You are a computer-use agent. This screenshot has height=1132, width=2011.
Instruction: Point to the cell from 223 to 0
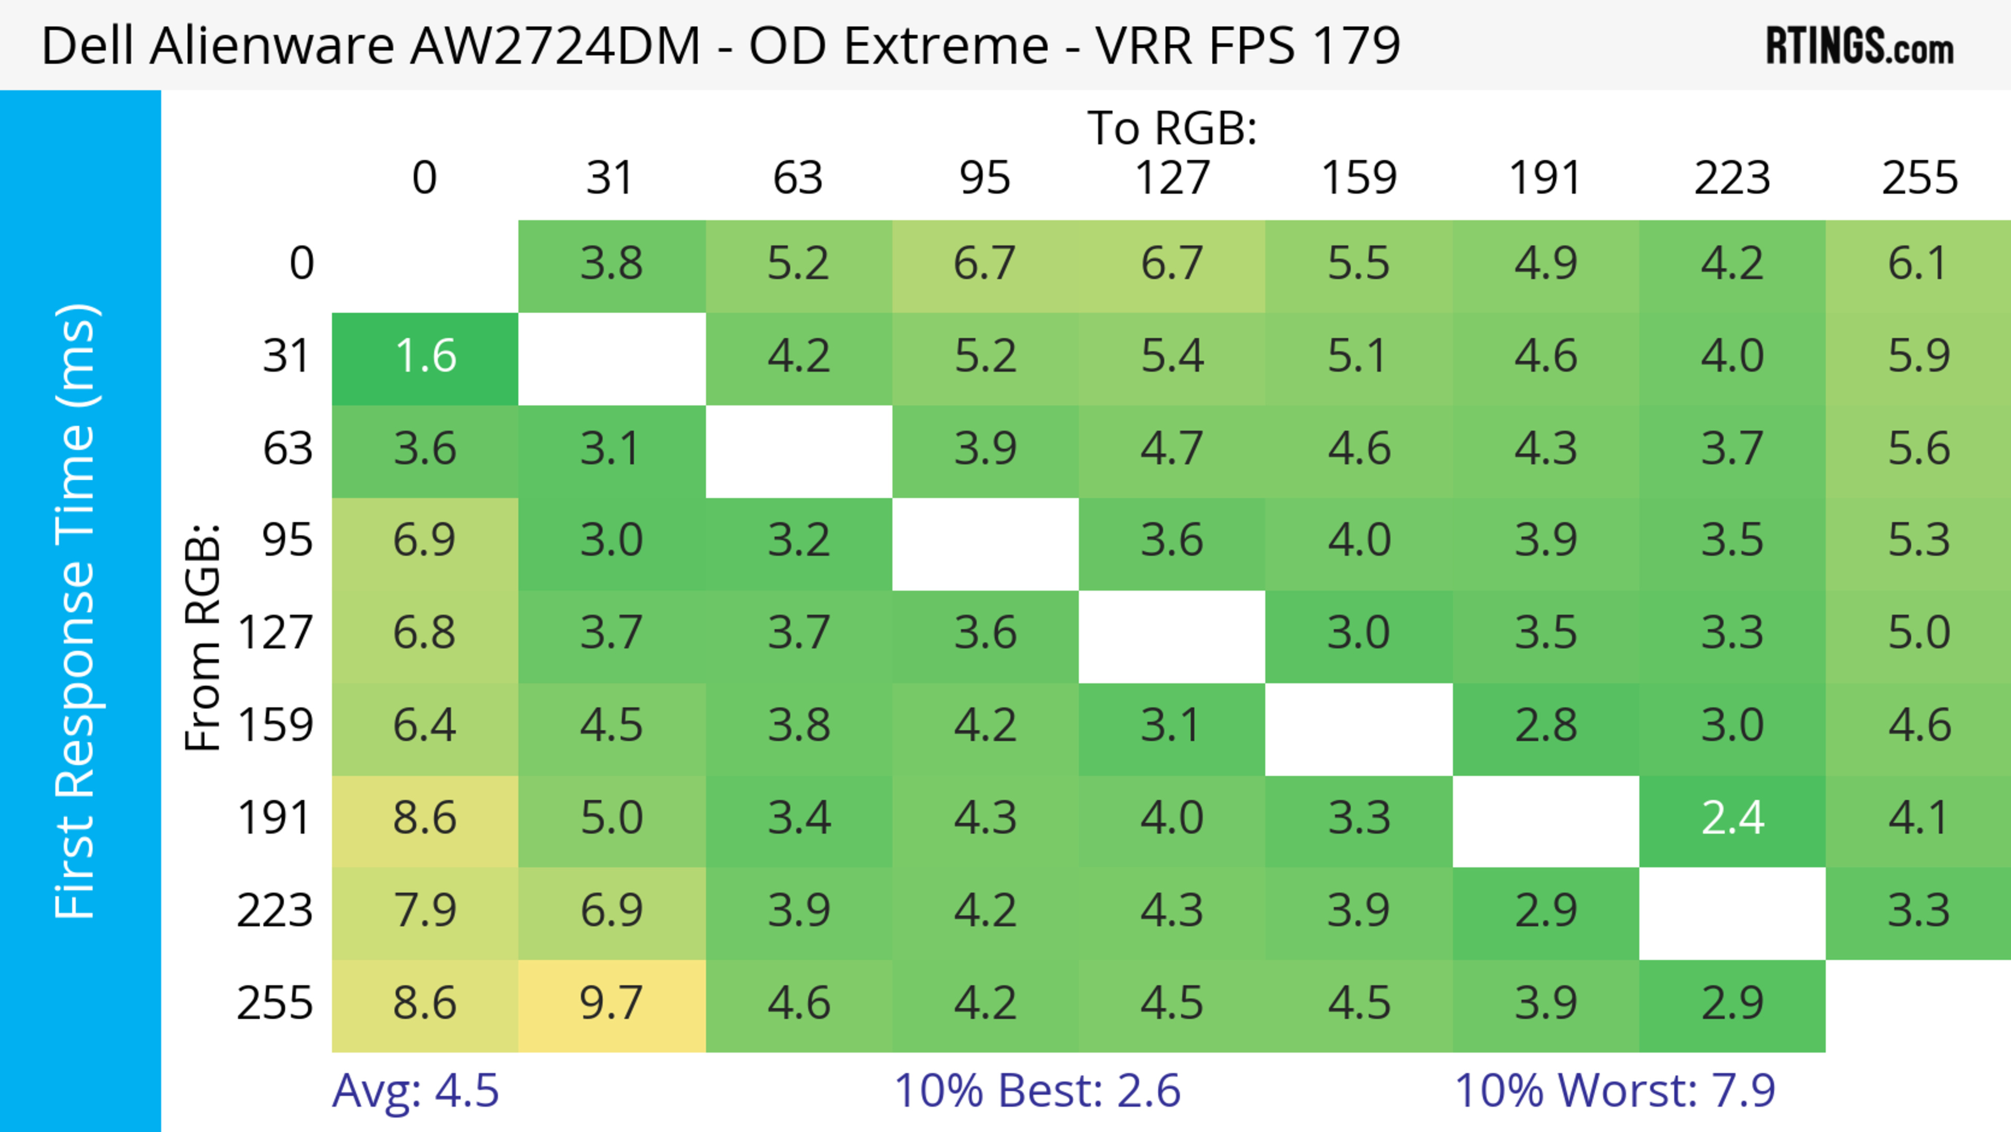(x=425, y=913)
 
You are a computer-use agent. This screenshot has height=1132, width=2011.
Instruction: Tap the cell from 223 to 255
(x=1918, y=913)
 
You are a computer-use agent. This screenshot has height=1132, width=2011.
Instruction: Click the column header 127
(x=1172, y=178)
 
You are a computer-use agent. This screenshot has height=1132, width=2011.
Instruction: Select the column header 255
(x=1919, y=178)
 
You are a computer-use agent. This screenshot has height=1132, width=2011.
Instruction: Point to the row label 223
(x=275, y=911)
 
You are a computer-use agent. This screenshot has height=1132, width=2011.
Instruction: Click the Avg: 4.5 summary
(x=415, y=1091)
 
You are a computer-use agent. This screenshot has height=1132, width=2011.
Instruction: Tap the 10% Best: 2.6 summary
(x=1037, y=1091)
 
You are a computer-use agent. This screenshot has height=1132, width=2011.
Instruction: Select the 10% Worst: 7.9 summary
(x=1615, y=1091)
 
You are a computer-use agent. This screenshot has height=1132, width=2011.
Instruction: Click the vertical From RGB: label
(x=202, y=637)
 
